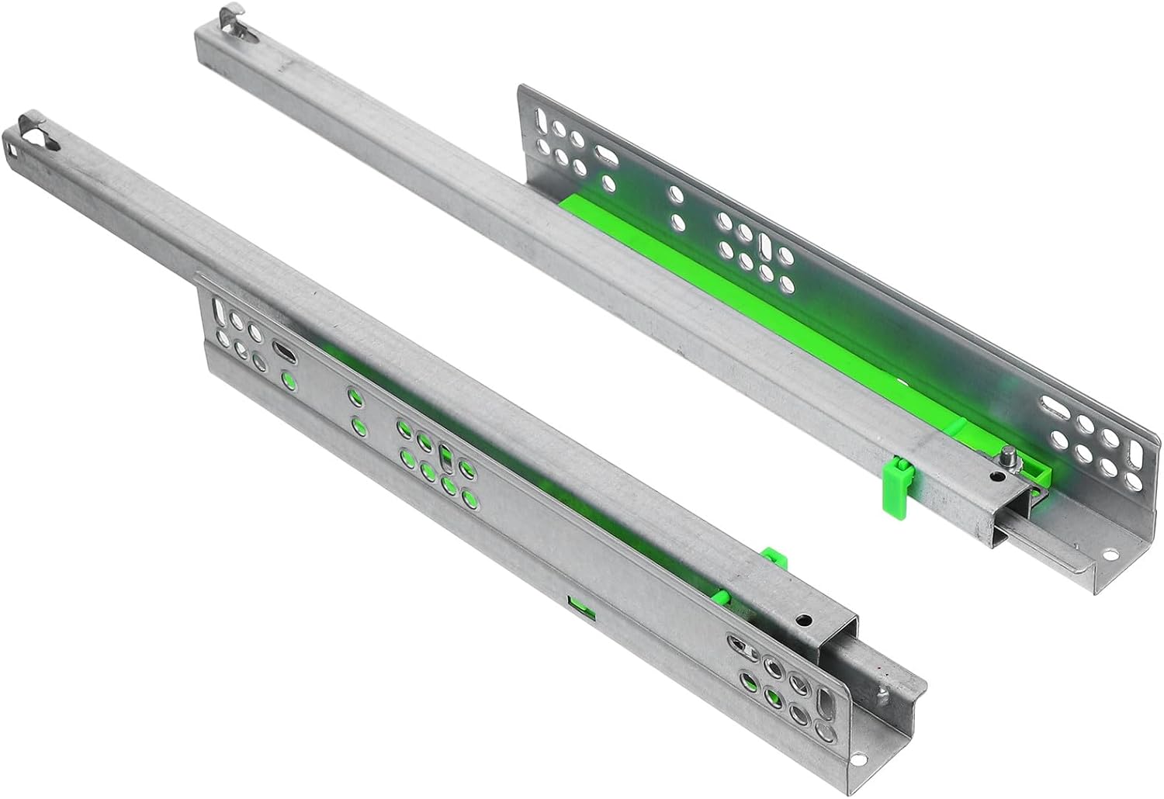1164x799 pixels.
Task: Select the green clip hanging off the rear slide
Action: coord(898,484)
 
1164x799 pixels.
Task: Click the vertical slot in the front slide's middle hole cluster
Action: coord(445,458)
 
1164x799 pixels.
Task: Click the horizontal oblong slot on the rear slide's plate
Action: coord(1057,405)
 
